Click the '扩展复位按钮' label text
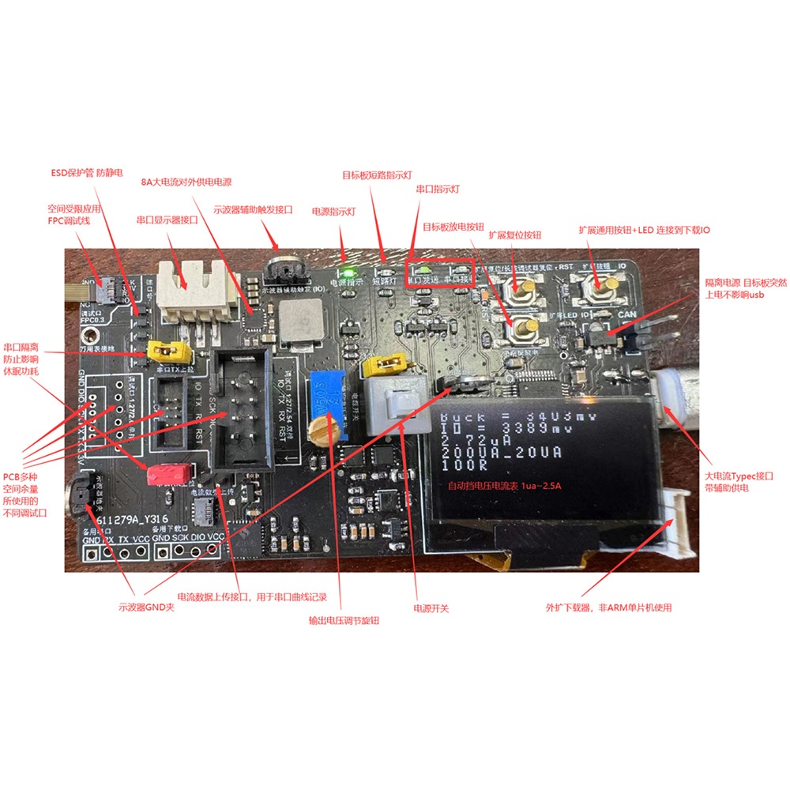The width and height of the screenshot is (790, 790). click(515, 235)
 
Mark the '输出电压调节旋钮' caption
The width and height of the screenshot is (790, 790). click(344, 621)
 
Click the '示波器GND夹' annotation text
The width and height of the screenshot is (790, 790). click(146, 607)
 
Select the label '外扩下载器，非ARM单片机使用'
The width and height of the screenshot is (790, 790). click(608, 608)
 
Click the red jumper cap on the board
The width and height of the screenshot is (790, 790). click(167, 473)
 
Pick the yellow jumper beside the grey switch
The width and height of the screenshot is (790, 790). click(387, 365)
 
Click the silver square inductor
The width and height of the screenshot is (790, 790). click(297, 323)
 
